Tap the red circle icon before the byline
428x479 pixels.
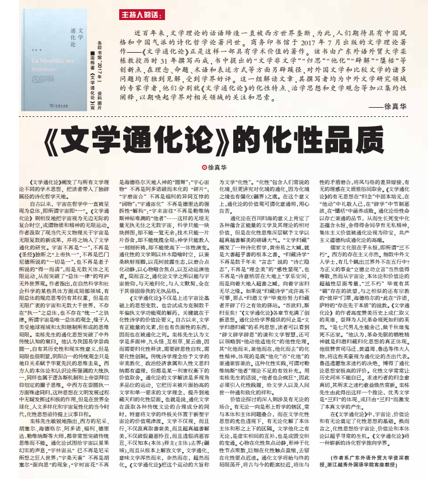(203, 167)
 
